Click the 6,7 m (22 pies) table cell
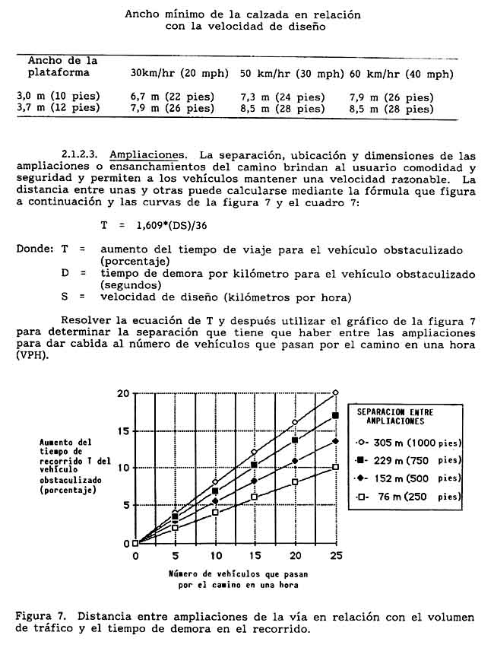click(173, 97)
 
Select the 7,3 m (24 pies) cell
click(282, 97)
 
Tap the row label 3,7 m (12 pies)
click(59, 108)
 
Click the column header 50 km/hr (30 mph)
click(292, 74)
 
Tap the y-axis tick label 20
click(123, 393)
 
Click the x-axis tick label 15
click(255, 556)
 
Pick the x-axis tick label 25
click(336, 556)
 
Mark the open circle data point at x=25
click(336, 392)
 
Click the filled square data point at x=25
click(336, 415)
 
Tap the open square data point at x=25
click(336, 467)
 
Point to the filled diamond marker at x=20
click(296, 461)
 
